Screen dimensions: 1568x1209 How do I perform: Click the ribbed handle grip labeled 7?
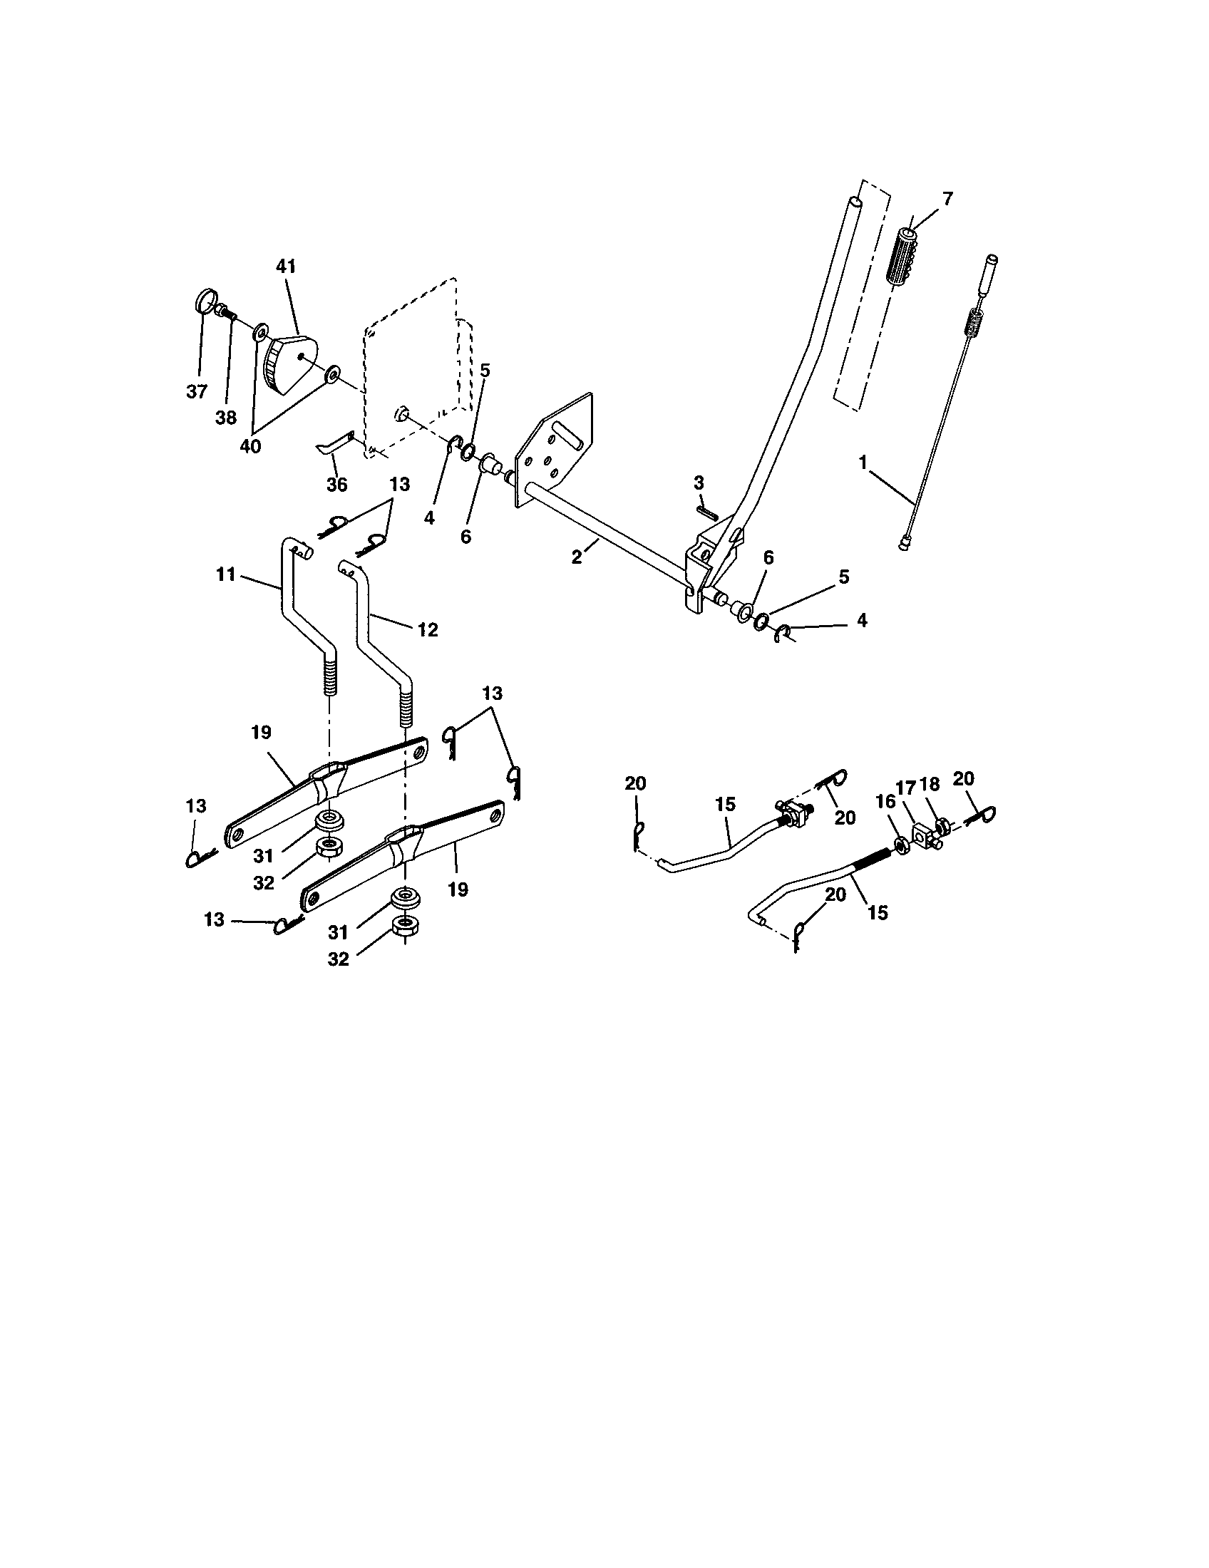click(904, 261)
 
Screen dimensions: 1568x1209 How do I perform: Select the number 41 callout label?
click(285, 267)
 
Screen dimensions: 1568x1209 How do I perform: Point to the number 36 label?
click(336, 485)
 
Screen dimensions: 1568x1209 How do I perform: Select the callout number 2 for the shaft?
click(577, 557)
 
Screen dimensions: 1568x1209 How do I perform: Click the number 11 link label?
click(225, 574)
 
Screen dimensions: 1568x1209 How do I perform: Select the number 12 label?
click(428, 629)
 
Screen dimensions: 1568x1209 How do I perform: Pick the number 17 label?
click(905, 788)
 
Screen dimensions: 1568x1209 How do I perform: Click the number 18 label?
click(930, 785)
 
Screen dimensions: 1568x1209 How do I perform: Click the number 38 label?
click(225, 418)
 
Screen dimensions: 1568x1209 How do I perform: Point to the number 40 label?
click(250, 446)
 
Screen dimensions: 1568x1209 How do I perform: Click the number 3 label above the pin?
click(699, 483)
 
